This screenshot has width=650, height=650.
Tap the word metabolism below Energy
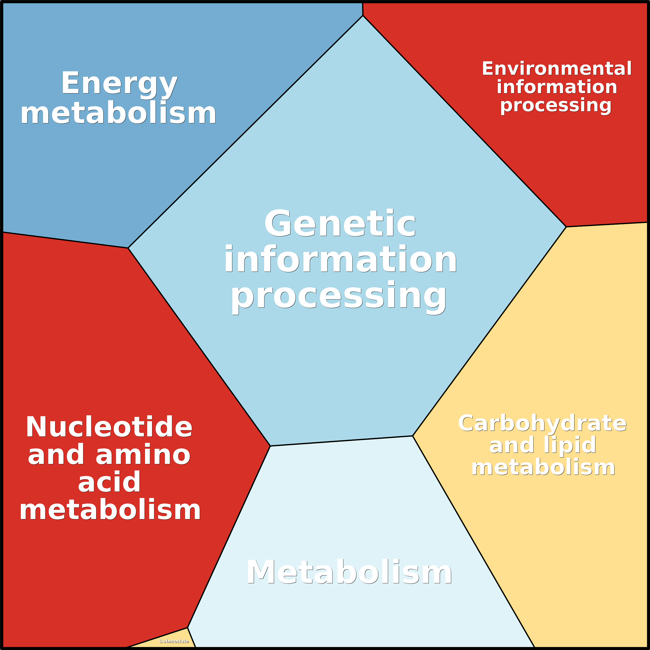pyautogui.click(x=119, y=114)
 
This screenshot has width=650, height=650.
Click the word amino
pyautogui.click(x=143, y=455)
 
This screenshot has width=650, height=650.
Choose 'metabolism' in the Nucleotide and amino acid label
pyautogui.click(x=110, y=510)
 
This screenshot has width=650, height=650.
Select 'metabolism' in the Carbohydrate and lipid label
pyautogui.click(x=543, y=467)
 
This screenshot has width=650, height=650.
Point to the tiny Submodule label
pyautogui.click(x=174, y=641)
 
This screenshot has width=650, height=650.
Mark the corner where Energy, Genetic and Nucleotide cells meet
pyautogui.click(x=128, y=248)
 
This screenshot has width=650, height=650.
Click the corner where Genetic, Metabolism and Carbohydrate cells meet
pyautogui.click(x=413, y=436)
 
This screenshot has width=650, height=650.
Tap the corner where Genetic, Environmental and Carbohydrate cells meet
pyautogui.click(x=566, y=227)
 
